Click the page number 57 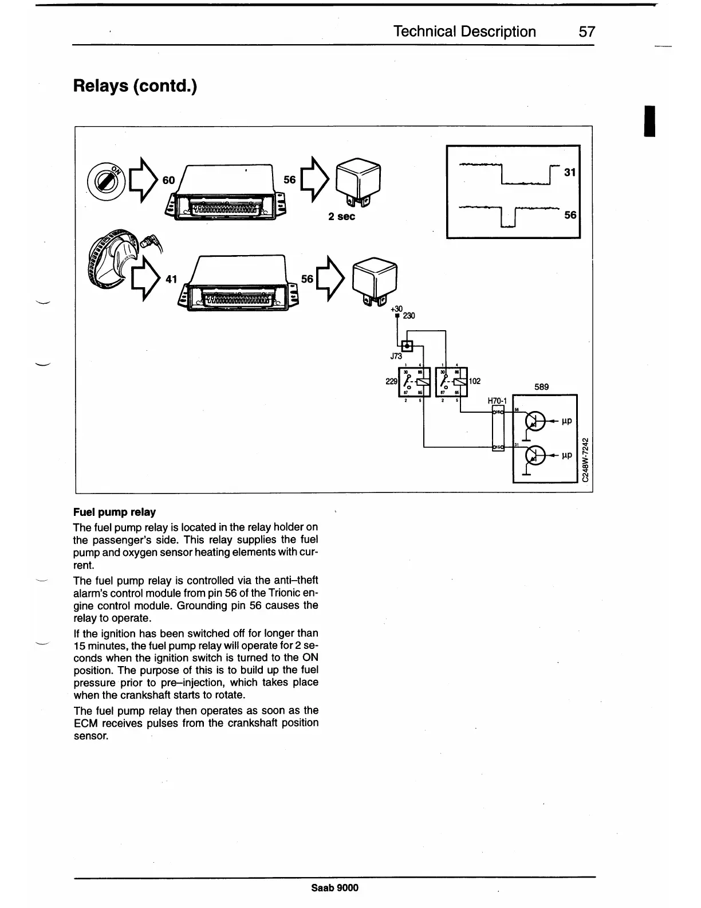[587, 32]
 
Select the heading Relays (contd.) [135, 87]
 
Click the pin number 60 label [168, 180]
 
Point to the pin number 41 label [171, 279]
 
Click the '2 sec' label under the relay [341, 216]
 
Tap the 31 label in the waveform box [569, 172]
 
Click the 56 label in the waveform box [570, 215]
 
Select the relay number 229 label [392, 381]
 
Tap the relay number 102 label [475, 381]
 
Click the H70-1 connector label [498, 401]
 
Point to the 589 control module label [541, 387]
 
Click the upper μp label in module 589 [567, 420]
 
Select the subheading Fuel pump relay [115, 512]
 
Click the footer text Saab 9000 [335, 888]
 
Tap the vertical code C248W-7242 [584, 460]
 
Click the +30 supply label [397, 309]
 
